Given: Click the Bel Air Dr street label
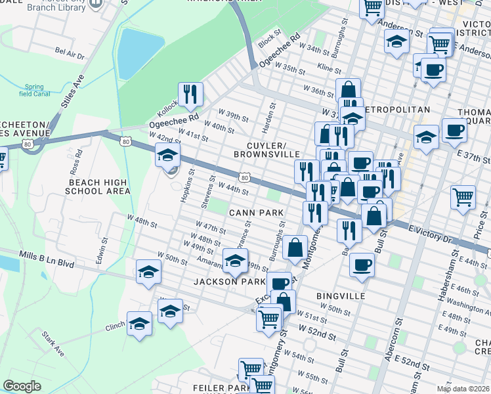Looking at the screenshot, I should click(x=70, y=53).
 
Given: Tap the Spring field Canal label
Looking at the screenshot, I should click(x=34, y=90).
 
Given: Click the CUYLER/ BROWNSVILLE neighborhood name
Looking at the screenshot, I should click(x=263, y=149).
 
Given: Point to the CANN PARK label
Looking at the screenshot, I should click(x=256, y=213).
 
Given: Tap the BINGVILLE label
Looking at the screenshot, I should click(x=341, y=296).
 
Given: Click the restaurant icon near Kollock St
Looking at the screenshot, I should click(x=190, y=94).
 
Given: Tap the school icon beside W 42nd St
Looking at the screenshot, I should click(x=167, y=156).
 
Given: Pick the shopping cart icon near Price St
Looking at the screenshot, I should click(x=463, y=196).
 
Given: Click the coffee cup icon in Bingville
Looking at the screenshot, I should click(x=362, y=265).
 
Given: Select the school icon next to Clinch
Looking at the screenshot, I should click(x=139, y=323).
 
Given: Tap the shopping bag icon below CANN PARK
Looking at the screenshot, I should click(x=295, y=248).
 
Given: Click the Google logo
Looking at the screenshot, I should click(x=22, y=386).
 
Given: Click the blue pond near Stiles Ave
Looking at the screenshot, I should click(x=139, y=53).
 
